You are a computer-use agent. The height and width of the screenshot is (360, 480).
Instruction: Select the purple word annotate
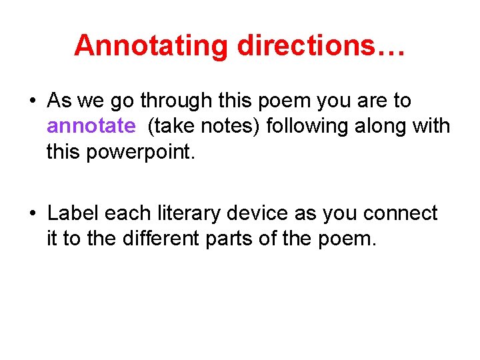91,126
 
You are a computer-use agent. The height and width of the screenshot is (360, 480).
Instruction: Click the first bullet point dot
32,101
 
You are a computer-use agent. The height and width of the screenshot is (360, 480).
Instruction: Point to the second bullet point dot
32,213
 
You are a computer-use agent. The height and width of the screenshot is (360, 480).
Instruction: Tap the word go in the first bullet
110,101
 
